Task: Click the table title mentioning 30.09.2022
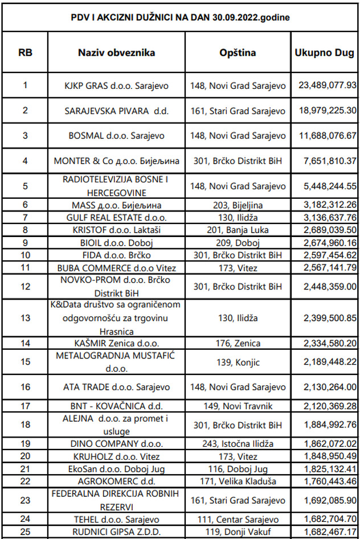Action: point(179,17)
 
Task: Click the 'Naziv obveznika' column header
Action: point(116,53)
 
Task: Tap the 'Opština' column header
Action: point(238,53)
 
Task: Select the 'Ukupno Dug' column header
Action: point(325,53)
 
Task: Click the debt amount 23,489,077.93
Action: point(327,85)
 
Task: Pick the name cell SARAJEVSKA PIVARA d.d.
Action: point(116,111)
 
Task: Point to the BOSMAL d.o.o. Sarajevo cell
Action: point(116,136)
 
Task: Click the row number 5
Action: point(25,186)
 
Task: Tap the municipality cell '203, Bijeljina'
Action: point(238,205)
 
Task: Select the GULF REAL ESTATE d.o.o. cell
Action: point(116,217)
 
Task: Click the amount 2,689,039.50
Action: point(327,230)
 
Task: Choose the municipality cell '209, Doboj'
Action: point(238,242)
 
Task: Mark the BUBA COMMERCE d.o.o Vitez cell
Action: point(116,267)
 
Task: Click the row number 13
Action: point(25,317)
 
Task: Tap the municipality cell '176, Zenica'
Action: point(238,344)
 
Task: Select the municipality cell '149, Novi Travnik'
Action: point(238,406)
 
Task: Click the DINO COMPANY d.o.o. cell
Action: point(116,444)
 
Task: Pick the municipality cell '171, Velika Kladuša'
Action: point(238,481)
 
